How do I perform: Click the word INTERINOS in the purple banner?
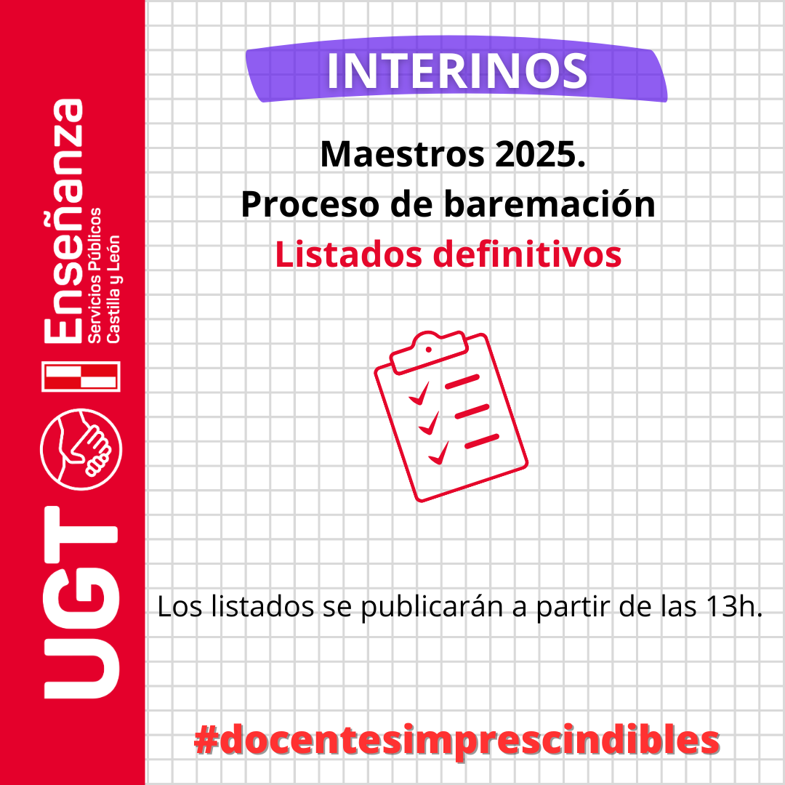click(456, 71)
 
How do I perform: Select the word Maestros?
click(403, 154)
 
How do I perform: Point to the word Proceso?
click(310, 205)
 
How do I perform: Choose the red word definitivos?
click(527, 254)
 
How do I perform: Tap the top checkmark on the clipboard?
click(419, 393)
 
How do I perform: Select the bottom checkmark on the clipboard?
click(438, 453)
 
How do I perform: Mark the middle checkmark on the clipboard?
click(429, 424)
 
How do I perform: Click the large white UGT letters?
click(81, 603)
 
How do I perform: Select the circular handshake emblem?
click(81, 449)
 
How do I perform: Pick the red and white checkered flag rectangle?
click(81, 377)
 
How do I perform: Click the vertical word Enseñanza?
click(63, 221)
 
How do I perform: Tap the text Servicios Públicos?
click(94, 275)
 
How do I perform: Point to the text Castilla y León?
click(113, 289)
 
